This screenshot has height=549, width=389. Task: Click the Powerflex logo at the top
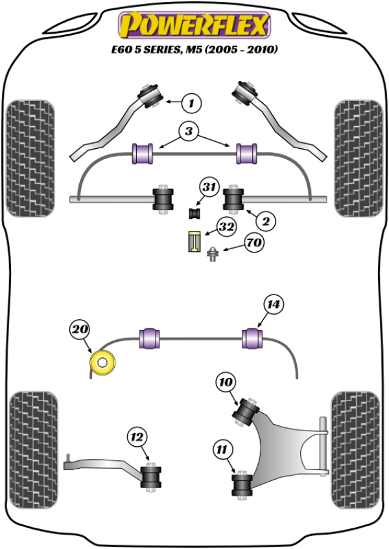(x=193, y=25)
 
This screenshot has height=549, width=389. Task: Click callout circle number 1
(x=191, y=102)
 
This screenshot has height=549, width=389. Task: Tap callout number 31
(x=208, y=188)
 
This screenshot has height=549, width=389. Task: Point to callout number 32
(x=226, y=227)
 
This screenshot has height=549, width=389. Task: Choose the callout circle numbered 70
(x=253, y=243)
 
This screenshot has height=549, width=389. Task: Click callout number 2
(x=265, y=221)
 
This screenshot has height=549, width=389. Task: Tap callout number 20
(x=79, y=330)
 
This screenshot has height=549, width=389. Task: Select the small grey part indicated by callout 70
(x=213, y=254)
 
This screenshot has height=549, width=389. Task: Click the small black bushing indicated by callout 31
(x=194, y=212)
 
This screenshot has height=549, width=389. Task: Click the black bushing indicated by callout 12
(x=152, y=477)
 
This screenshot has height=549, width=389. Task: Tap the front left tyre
(x=29, y=158)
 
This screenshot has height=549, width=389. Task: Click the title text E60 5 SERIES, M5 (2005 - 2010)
(x=193, y=49)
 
